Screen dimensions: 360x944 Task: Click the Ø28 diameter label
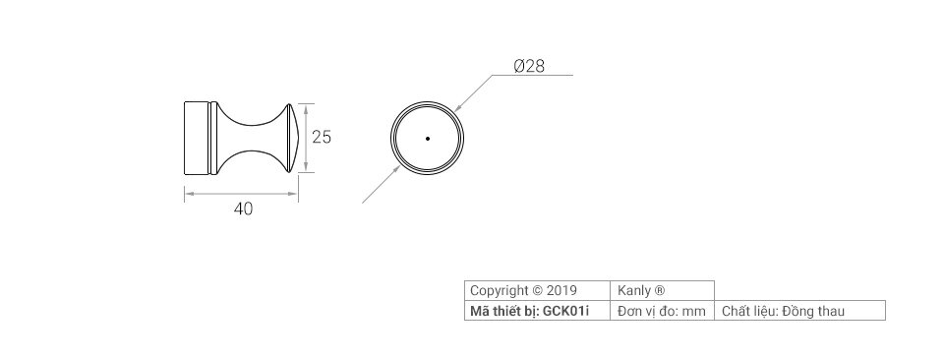point(529,67)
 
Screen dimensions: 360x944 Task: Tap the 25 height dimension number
point(321,138)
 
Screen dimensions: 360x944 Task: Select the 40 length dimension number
point(243,209)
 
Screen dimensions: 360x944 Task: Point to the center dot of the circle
point(428,139)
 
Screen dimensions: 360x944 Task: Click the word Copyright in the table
point(500,291)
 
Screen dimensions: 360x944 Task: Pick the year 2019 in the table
point(561,291)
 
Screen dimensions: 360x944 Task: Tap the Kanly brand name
point(634,291)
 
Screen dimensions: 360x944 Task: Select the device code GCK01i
point(565,312)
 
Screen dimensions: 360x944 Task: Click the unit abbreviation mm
point(694,312)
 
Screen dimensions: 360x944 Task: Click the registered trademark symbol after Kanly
point(660,291)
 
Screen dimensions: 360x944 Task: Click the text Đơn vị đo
point(648,312)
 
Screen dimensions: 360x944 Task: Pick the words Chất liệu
point(748,312)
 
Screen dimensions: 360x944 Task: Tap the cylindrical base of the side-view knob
point(199,139)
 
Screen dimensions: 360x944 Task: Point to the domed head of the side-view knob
point(289,139)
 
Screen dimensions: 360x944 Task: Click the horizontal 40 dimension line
point(242,193)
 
